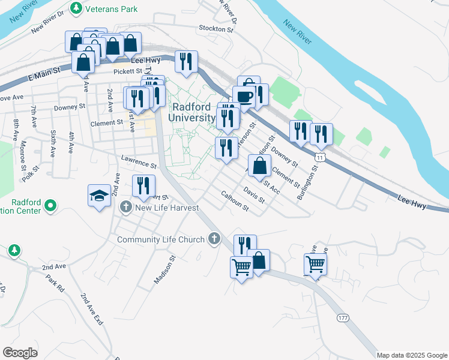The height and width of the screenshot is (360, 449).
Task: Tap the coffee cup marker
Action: (244, 96)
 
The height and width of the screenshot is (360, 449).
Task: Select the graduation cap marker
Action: (99, 196)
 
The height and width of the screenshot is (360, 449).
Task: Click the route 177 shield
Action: (343, 317)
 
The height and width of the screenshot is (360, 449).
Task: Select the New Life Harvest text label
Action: (167, 208)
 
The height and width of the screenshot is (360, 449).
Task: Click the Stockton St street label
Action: (215, 29)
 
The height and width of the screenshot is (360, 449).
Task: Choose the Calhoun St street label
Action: (235, 201)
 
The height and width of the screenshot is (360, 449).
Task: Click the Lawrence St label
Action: (138, 161)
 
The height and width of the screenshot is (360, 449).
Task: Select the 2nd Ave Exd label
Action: (92, 308)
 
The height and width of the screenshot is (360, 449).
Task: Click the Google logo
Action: (20, 352)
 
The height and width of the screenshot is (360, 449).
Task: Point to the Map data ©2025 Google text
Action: (411, 355)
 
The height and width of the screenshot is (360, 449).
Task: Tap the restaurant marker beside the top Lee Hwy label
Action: (185, 61)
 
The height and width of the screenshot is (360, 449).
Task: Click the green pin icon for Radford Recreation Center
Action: (50, 206)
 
